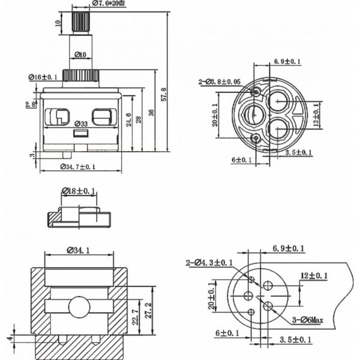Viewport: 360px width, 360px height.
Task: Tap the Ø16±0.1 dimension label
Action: (x=43, y=77)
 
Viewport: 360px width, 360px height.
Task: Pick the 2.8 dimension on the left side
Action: (x=31, y=104)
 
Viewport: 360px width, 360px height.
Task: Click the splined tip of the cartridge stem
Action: (x=80, y=22)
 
